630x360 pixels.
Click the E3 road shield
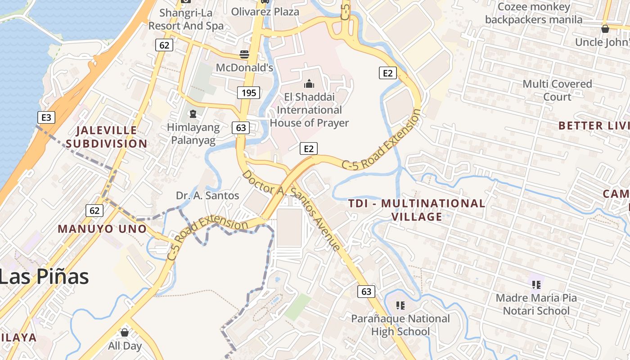[46, 118]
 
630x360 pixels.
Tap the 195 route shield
[248, 93]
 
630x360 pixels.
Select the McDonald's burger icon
[244, 55]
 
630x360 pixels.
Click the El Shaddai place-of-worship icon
[309, 84]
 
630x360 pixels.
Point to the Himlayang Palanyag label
[193, 134]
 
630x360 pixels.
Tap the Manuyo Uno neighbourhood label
[103, 229]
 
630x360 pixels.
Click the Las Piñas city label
[44, 276]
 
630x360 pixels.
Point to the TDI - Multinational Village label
[417, 210]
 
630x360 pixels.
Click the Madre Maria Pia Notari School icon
[536, 284]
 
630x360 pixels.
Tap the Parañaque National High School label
[400, 325]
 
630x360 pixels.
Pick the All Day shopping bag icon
[125, 333]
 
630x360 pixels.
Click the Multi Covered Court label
[557, 90]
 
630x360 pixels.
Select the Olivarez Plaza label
[265, 12]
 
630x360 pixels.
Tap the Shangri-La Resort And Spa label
[186, 19]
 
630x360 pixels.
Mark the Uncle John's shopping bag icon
[605, 29]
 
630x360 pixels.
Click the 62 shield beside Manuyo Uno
[94, 210]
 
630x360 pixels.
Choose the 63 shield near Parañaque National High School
[366, 292]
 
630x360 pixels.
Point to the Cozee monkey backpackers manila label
[534, 13]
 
